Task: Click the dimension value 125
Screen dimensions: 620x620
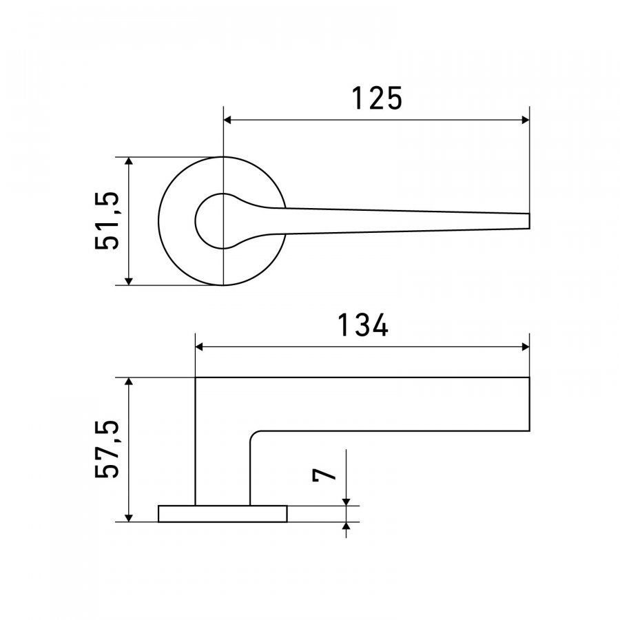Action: (x=377, y=99)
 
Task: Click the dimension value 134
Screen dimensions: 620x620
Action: (x=362, y=325)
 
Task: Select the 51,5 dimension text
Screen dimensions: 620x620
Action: (x=107, y=220)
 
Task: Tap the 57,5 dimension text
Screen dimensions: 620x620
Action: (x=107, y=449)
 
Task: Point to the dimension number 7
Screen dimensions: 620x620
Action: (x=324, y=475)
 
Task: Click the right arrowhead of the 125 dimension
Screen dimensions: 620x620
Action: (x=526, y=120)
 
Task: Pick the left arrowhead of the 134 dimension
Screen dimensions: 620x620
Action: (x=199, y=347)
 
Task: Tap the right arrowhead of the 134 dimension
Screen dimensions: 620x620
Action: (x=526, y=347)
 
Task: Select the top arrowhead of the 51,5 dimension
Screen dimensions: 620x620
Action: (x=129, y=161)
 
